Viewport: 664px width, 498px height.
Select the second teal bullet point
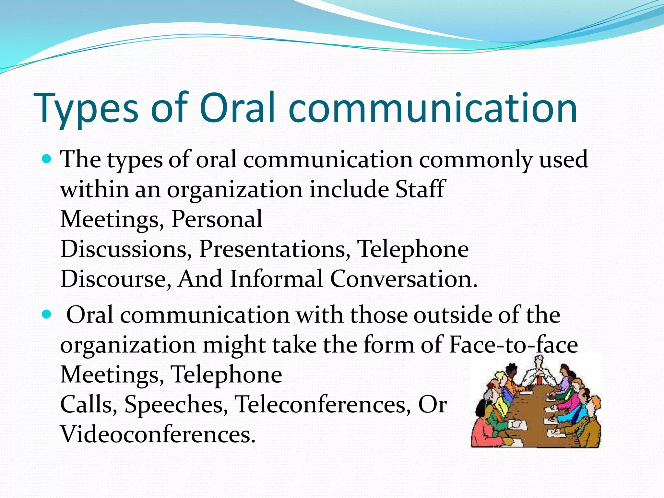[47, 314]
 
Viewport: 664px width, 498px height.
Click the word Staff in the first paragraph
[420, 189]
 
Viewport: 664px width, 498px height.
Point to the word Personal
[217, 219]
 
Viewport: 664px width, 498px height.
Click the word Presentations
[274, 249]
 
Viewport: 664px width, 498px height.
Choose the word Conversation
[403, 279]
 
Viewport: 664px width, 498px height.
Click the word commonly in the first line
[475, 160]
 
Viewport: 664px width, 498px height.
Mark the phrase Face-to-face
[514, 344]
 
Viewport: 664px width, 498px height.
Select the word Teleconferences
[323, 405]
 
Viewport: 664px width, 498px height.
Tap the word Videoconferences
[158, 434]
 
